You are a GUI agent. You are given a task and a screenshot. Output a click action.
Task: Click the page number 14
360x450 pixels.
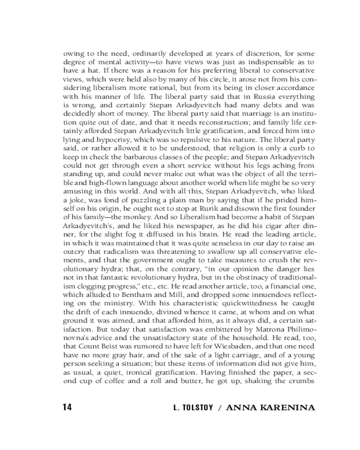67,408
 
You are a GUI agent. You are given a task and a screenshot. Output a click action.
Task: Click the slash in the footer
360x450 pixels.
219,408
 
